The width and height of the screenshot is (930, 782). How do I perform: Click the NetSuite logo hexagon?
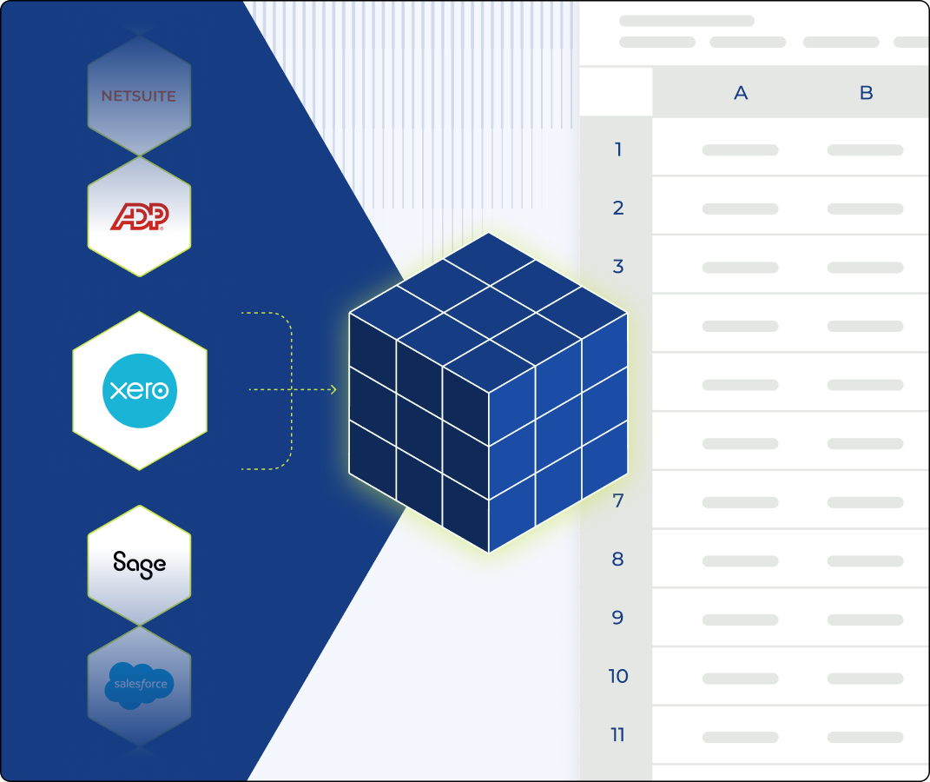[139, 96]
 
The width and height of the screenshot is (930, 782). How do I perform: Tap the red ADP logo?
[139, 216]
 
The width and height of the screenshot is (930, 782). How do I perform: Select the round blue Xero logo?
[140, 390]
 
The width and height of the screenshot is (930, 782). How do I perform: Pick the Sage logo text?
[139, 564]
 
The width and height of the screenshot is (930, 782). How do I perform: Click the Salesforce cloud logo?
[139, 685]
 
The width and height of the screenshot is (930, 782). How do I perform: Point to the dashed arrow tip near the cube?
[333, 390]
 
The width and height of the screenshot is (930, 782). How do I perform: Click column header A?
[741, 93]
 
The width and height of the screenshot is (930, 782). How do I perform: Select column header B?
[866, 93]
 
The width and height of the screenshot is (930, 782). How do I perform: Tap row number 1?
[618, 149]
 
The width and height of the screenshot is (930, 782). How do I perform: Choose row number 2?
[618, 208]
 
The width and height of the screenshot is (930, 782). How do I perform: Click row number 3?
[618, 267]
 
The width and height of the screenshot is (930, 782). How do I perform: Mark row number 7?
[618, 501]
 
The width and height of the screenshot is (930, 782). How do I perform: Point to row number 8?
[618, 560]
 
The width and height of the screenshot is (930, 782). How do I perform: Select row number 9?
[618, 618]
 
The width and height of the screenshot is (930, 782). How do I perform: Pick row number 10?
[618, 677]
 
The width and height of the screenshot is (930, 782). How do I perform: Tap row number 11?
[618, 735]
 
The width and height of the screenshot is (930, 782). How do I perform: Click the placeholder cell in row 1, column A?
[740, 150]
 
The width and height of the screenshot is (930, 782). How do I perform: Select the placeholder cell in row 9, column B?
[865, 619]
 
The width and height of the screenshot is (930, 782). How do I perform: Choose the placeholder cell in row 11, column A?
[740, 738]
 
